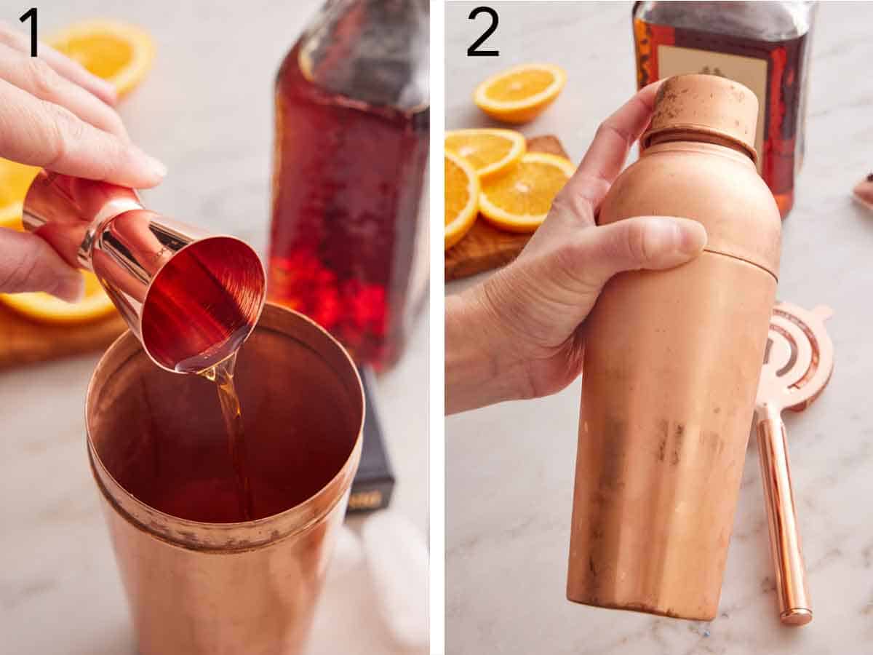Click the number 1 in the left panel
[x=29, y=31]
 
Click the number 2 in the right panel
[x=482, y=31]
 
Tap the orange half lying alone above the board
[x=521, y=91]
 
